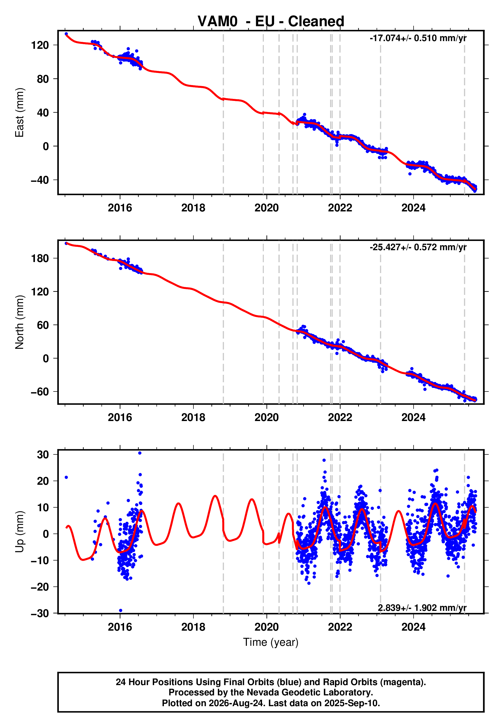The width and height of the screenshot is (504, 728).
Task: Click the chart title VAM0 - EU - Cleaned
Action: click(271, 22)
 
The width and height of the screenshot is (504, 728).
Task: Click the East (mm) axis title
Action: click(19, 113)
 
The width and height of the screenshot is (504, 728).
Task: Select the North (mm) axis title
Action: click(19, 322)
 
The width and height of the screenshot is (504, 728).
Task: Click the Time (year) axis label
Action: click(271, 642)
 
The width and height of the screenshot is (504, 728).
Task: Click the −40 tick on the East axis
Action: click(40, 180)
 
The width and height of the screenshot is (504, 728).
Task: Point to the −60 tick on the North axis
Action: click(40, 392)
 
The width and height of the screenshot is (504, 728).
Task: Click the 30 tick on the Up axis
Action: click(43, 455)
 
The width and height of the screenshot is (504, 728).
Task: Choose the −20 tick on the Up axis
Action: click(40, 587)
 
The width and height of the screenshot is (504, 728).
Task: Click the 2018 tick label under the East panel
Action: click(193, 208)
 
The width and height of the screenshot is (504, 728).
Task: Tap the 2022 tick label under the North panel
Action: click(340, 417)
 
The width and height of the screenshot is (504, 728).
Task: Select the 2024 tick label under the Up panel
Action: click(413, 627)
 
